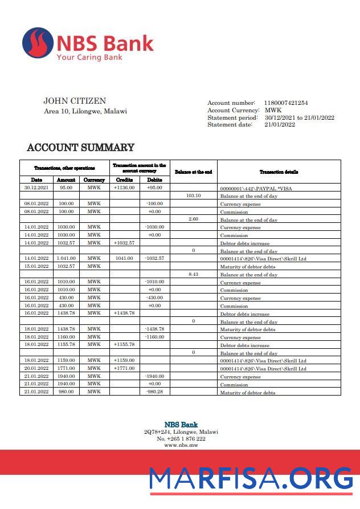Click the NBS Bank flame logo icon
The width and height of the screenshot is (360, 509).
pyautogui.click(x=38, y=43)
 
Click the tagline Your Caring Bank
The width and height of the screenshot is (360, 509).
pyautogui.click(x=89, y=57)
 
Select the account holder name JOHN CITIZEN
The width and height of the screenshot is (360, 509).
pyautogui.click(x=75, y=101)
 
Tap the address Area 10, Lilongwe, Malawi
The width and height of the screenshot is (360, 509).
pyautogui.click(x=85, y=111)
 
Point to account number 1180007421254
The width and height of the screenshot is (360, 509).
pyautogui.click(x=286, y=103)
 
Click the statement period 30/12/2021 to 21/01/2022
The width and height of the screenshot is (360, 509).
pyautogui.click(x=299, y=117)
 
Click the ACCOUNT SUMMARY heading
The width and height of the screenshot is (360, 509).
pyautogui.click(x=81, y=148)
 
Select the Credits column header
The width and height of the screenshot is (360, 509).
pyautogui.click(x=124, y=180)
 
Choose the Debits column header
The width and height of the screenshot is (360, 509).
pyautogui.click(x=154, y=180)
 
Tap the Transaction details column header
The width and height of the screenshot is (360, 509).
pyautogui.click(x=279, y=172)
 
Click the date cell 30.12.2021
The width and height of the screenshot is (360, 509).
pyautogui.click(x=36, y=187)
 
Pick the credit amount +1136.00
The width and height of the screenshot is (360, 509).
pyautogui.click(x=124, y=187)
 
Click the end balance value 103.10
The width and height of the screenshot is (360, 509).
pyautogui.click(x=193, y=195)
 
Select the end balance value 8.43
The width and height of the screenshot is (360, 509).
pyautogui.click(x=193, y=274)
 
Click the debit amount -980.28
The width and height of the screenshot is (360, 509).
pyautogui.click(x=154, y=392)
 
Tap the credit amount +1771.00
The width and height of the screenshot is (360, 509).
pyautogui.click(x=124, y=368)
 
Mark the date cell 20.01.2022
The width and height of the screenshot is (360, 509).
pyautogui.click(x=36, y=368)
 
